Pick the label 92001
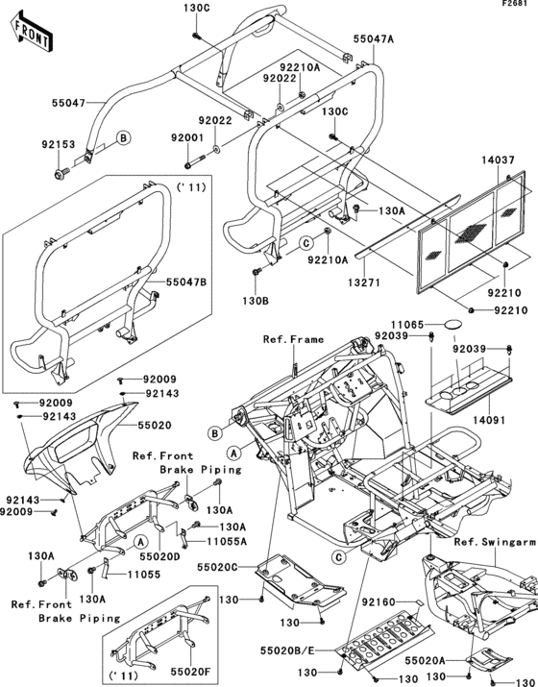[188, 138]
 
